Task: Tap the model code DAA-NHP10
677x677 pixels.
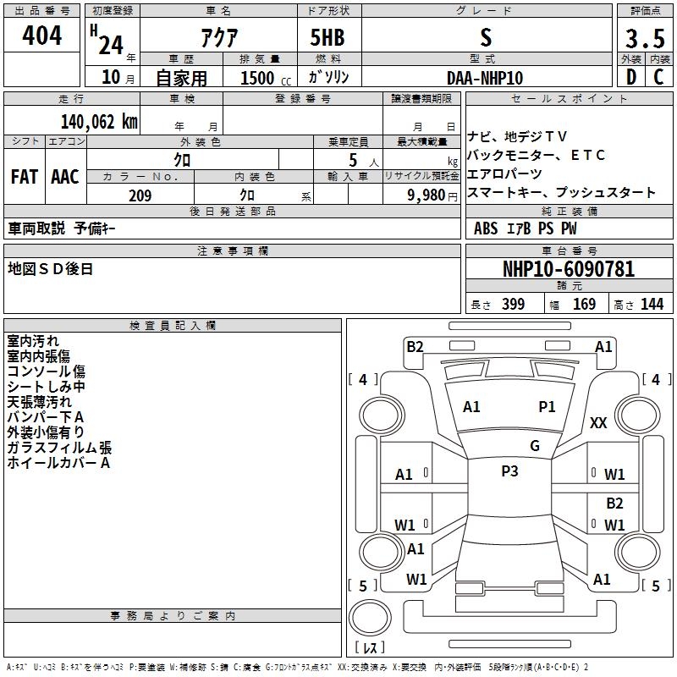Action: [485, 77]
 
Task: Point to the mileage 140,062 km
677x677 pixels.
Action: [98, 121]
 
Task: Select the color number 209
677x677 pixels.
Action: [140, 195]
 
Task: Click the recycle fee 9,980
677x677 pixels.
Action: [427, 195]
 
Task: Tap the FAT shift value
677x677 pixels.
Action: [24, 177]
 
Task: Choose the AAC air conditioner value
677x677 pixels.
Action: [65, 177]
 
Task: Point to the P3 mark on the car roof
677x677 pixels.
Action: [509, 471]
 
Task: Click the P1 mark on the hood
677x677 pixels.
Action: [548, 407]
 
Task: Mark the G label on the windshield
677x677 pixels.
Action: [535, 446]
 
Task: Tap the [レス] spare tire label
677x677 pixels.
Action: [371, 648]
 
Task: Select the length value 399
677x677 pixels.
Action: [512, 305]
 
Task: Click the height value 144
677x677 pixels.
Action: [652, 305]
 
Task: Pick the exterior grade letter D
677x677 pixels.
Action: [630, 77]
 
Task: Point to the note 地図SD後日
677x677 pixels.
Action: [51, 269]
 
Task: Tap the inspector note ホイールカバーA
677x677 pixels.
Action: [59, 463]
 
